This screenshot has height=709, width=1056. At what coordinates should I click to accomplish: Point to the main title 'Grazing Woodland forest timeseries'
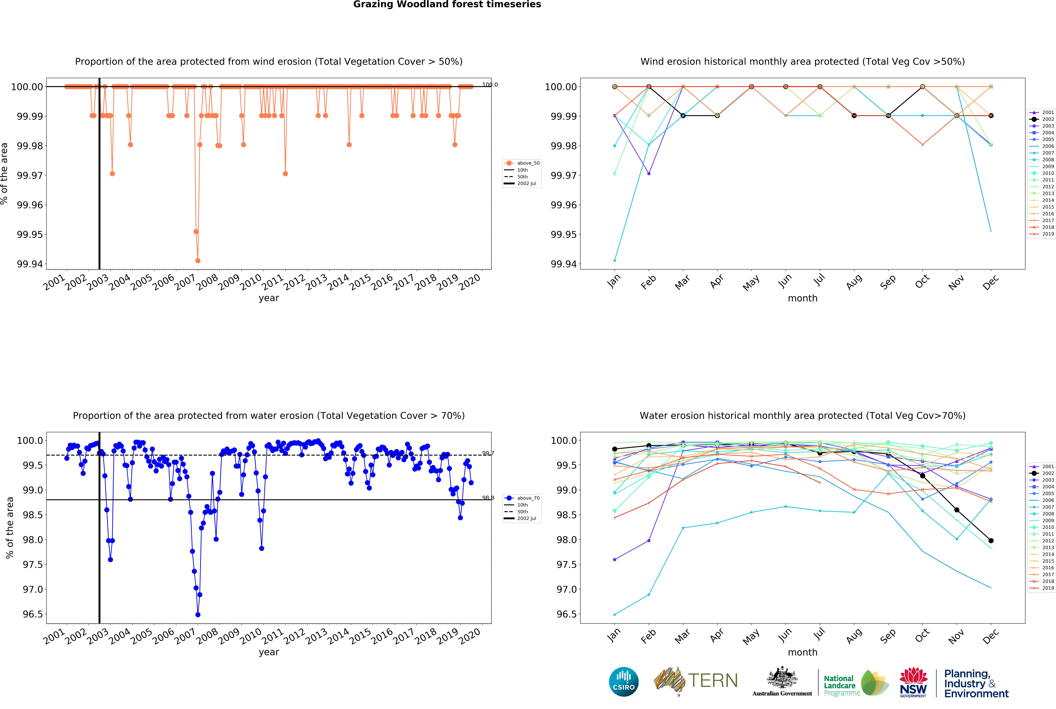447,5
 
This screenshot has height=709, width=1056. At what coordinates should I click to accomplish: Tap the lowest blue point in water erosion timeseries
198,615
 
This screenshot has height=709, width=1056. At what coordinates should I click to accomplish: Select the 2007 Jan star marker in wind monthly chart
614,260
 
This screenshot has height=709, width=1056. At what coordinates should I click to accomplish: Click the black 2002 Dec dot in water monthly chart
991,541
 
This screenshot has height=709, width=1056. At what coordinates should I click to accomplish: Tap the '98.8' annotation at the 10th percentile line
488,498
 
